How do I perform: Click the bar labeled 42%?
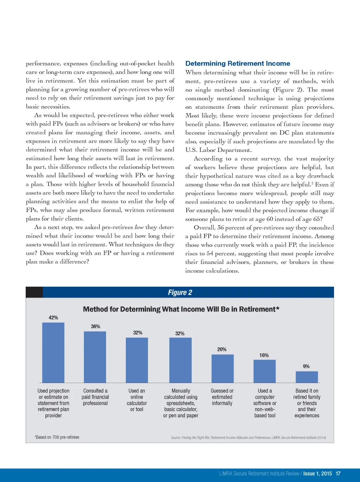tap(53, 353)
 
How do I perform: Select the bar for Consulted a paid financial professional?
tap(95, 357)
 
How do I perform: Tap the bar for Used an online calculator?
tap(137, 360)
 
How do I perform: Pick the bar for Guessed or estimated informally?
tap(222, 368)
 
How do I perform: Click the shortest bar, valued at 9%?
tap(307, 377)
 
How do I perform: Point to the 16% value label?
tap(264, 355)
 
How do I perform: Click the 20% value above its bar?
tap(222, 349)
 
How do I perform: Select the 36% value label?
tap(95, 326)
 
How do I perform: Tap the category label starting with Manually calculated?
tap(181, 403)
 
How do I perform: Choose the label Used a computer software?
tap(265, 403)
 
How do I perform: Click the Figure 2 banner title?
tap(180, 292)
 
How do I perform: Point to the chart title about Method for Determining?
tap(181, 309)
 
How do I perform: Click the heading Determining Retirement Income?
tap(238, 64)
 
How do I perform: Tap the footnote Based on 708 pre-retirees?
tap(57, 437)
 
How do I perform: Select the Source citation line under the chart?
tap(248, 438)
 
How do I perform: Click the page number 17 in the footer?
tap(338, 474)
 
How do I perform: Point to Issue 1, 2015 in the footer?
tap(317, 474)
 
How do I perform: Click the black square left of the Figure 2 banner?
tap(34, 292)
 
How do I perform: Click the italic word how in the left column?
tap(139, 227)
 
